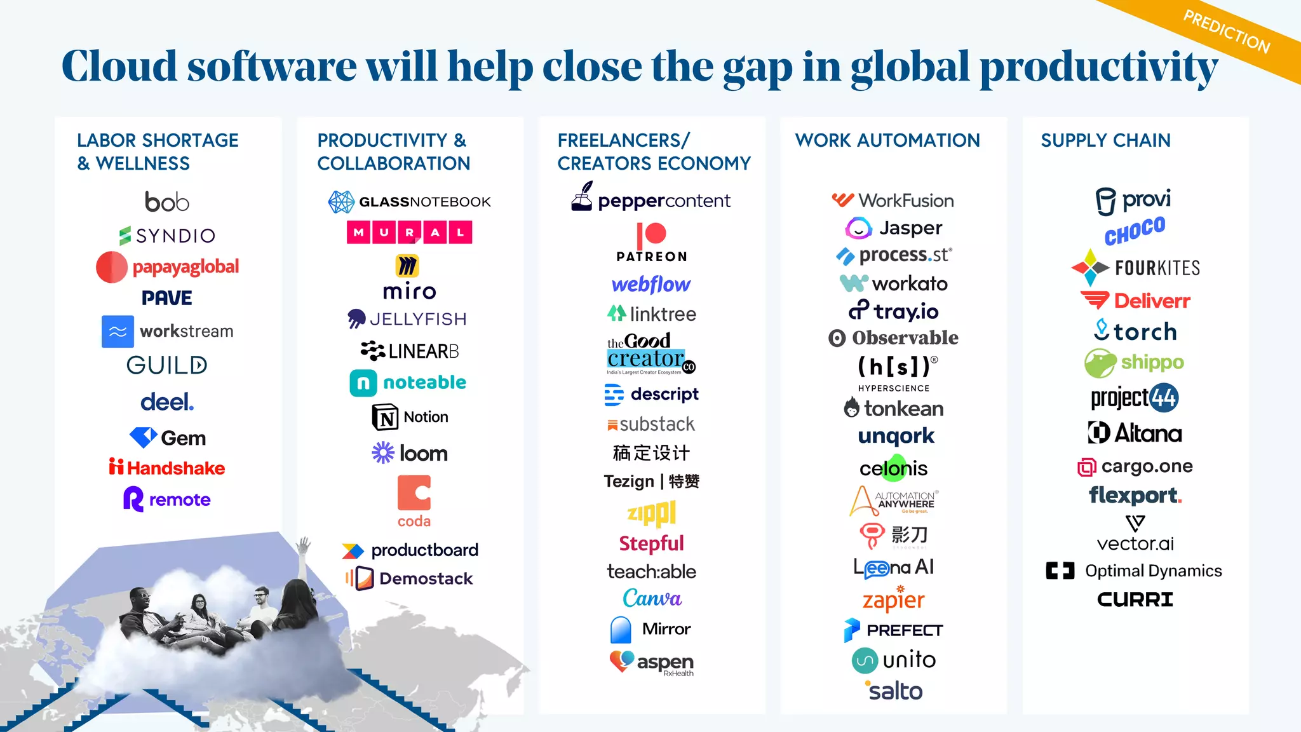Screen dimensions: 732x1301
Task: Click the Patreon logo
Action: click(x=651, y=242)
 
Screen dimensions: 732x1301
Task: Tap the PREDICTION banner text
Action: click(x=1226, y=32)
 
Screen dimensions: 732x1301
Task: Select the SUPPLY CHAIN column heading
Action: click(x=1105, y=140)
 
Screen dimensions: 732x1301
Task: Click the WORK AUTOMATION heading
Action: click(x=887, y=140)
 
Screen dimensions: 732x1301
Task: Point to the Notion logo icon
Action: click(x=385, y=417)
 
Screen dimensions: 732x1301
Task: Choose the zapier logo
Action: click(x=893, y=599)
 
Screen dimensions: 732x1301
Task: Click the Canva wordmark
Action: click(x=652, y=599)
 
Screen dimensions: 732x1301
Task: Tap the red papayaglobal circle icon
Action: click(x=112, y=268)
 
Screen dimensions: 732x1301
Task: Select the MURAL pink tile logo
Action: click(x=409, y=233)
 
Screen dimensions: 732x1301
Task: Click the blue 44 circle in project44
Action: click(x=1164, y=398)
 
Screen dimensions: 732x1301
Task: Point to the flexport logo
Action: click(x=1135, y=495)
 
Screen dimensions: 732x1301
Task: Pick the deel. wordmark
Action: click(x=166, y=402)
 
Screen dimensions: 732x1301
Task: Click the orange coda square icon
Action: click(x=414, y=493)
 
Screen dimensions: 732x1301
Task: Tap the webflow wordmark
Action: click(x=650, y=284)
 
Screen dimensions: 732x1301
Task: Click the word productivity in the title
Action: click(x=1098, y=67)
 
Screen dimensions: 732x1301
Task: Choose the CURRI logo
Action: click(x=1135, y=599)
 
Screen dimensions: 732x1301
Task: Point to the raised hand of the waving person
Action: click(x=304, y=544)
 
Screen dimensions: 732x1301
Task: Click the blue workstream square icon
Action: click(x=118, y=332)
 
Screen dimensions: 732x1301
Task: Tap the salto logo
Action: click(x=894, y=691)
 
